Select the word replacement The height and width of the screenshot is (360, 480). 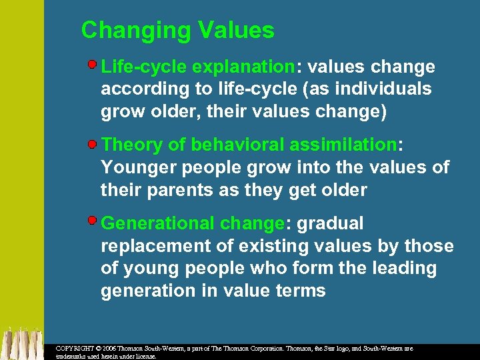[155, 246]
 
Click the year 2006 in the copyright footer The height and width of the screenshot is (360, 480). [113, 349]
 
